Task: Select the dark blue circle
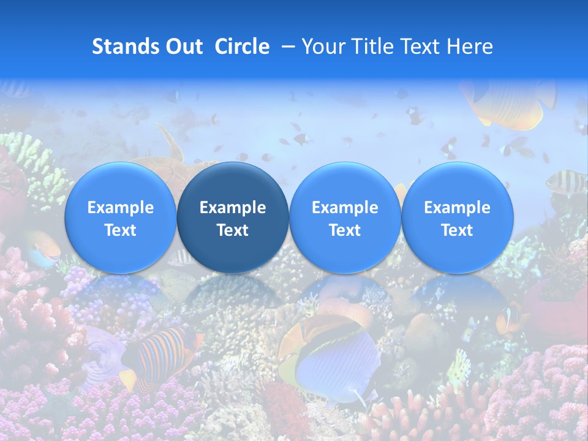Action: (233, 217)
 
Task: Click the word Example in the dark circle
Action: (233, 208)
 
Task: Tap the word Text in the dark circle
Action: (233, 230)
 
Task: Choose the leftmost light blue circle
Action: (121, 217)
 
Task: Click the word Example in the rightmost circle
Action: (457, 208)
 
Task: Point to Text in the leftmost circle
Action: (121, 230)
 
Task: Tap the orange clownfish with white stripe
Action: (511, 318)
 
